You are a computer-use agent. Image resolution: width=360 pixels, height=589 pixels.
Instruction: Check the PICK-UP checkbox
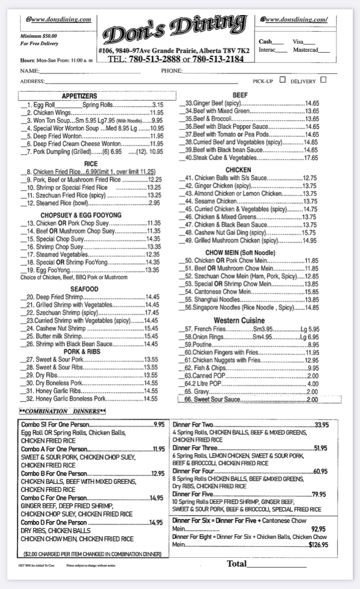[282, 80]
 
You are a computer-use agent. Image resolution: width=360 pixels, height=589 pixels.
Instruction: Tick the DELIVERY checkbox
[323, 80]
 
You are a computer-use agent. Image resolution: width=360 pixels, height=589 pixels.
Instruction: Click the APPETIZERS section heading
[80, 96]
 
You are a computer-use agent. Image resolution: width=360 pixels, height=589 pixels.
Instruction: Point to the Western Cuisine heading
[239, 320]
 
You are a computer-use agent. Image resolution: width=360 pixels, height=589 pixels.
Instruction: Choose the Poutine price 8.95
[313, 345]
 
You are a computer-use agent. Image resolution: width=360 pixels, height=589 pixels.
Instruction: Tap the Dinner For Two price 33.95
[322, 425]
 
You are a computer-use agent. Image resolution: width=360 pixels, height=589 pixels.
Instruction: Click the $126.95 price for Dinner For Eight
[318, 544]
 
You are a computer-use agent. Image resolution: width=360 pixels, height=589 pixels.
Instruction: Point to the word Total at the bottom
[237, 563]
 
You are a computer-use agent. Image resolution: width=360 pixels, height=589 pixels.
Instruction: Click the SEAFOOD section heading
[84, 289]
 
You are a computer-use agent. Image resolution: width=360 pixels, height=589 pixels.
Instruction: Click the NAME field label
[29, 71]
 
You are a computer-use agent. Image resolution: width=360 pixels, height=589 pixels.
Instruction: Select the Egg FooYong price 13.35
[152, 270]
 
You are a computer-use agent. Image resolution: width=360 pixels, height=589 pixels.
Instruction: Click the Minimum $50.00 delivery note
[39, 36]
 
